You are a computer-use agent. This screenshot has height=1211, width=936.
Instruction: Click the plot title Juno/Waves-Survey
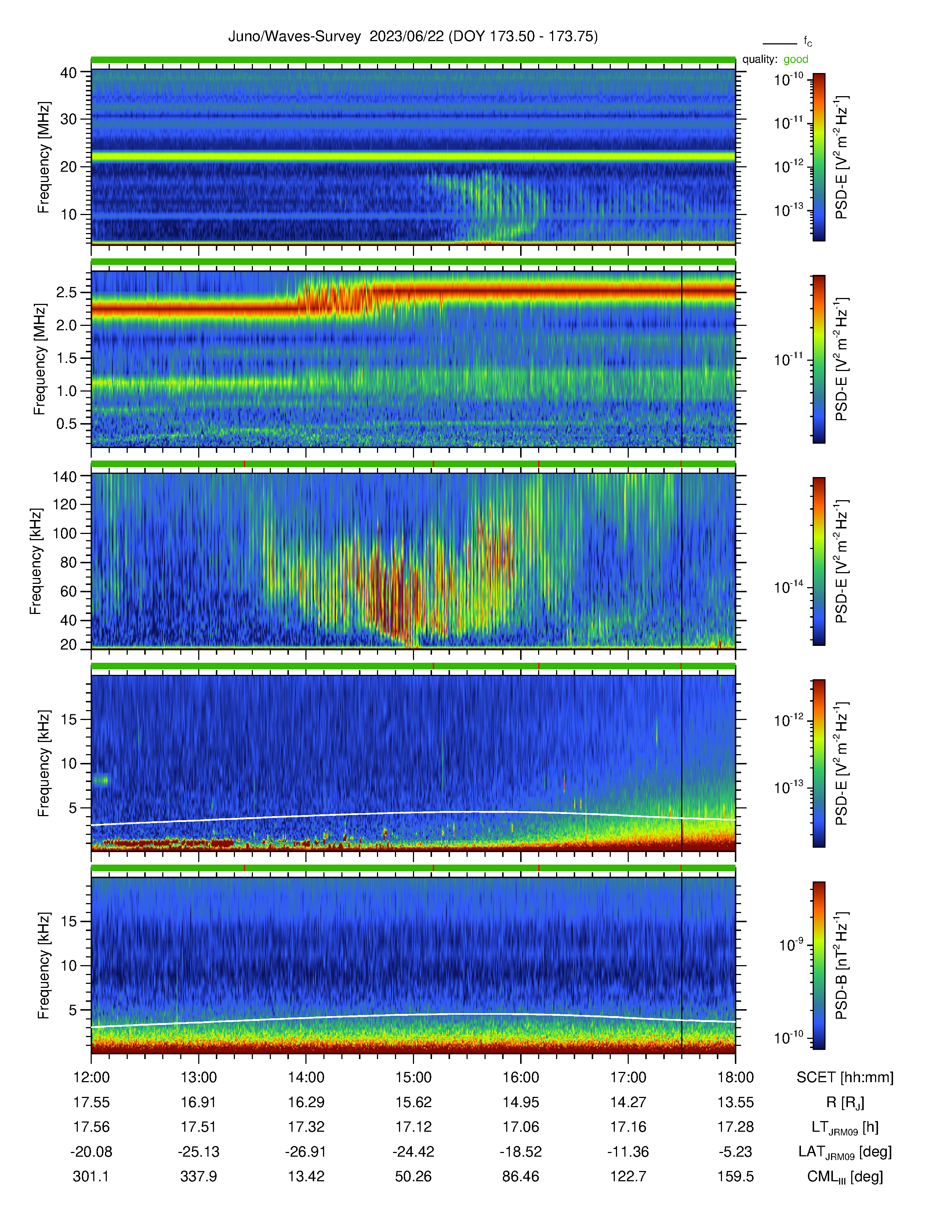(x=294, y=37)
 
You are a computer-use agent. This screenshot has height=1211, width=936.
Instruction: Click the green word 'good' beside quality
(x=796, y=59)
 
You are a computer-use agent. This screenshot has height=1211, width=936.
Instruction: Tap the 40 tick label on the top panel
(x=69, y=73)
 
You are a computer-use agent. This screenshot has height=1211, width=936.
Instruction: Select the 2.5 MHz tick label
(x=66, y=293)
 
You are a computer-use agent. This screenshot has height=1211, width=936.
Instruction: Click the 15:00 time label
(x=413, y=1077)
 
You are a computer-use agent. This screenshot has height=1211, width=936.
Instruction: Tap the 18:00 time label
(x=735, y=1077)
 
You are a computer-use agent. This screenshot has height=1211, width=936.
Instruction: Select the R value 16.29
(x=306, y=1102)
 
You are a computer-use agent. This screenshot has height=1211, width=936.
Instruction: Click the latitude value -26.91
(x=306, y=1152)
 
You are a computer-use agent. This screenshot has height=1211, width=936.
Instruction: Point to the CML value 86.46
(x=521, y=1176)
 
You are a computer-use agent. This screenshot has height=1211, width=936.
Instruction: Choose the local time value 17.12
(x=413, y=1127)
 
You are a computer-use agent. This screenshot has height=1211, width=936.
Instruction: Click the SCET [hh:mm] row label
(x=845, y=1077)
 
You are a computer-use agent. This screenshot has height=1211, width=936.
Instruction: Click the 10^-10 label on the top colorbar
(x=788, y=79)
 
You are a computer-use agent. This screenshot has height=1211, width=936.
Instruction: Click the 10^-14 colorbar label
(x=788, y=587)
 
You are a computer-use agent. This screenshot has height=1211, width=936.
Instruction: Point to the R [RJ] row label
(x=845, y=1102)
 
